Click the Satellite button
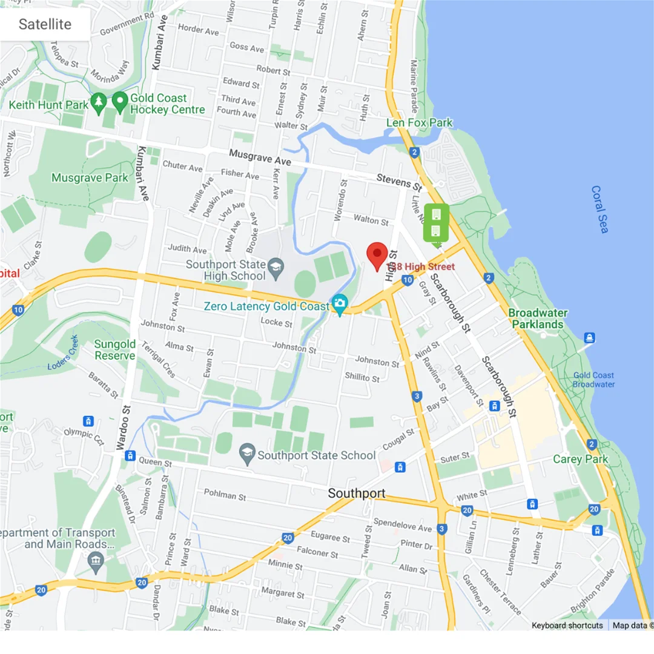tap(45, 24)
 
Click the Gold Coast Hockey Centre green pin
tap(120, 101)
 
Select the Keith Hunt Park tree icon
tap(98, 104)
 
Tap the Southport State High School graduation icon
tap(276, 266)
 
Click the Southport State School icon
tap(246, 454)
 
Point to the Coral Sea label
tap(599, 209)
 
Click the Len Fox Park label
tap(420, 123)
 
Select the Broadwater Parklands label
tap(538, 319)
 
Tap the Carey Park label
tap(580, 459)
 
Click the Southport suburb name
tap(356, 494)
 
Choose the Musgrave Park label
tap(90, 177)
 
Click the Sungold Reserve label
tap(114, 350)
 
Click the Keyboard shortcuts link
tap(567, 625)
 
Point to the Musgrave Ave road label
tap(260, 158)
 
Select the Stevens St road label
tap(398, 180)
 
